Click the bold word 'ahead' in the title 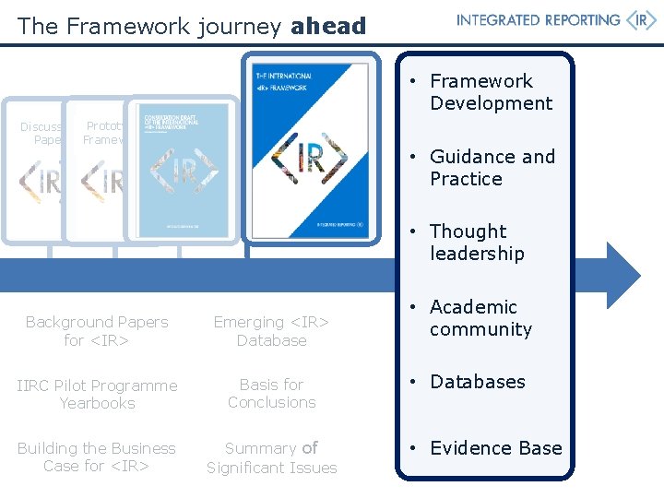327,27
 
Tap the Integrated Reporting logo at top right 556,21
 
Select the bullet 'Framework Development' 491,92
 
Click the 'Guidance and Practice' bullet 492,168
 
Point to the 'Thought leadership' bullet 476,243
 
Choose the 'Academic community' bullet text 480,318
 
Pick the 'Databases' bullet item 477,382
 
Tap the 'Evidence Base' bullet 495,448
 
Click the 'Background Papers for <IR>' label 97,331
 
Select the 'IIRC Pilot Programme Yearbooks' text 97,394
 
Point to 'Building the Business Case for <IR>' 97,456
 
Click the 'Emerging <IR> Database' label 271,331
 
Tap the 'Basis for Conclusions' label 271,393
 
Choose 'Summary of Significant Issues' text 271,457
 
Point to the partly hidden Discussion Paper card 41,175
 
